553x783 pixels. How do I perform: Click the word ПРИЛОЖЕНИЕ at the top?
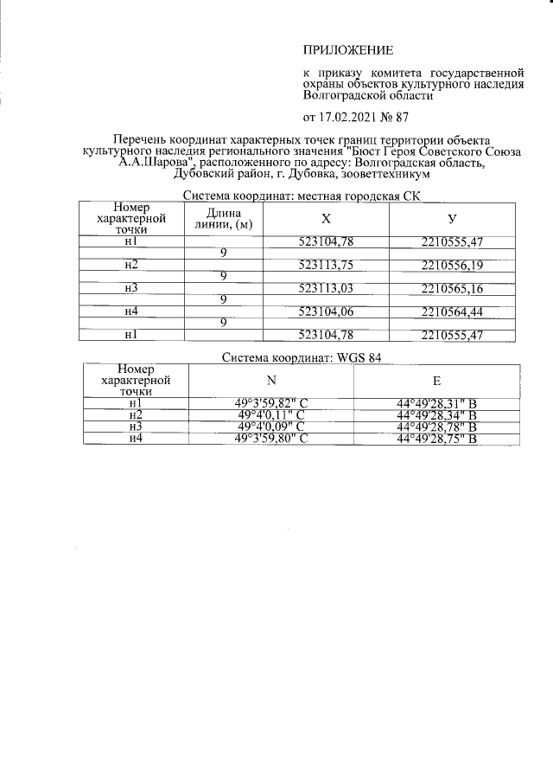click(x=346, y=50)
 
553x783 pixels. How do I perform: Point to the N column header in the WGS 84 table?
click(x=270, y=380)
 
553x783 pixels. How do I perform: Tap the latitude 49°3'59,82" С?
click(x=270, y=402)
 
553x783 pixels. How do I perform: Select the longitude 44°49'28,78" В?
click(x=436, y=427)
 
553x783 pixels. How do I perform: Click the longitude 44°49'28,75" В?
click(x=436, y=439)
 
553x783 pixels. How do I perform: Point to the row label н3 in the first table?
click(x=131, y=287)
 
